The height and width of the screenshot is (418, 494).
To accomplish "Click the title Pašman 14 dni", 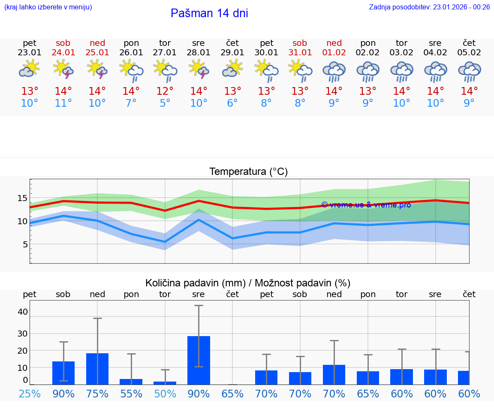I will pos(209,13).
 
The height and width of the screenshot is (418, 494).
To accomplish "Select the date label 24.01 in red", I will pos(63,53).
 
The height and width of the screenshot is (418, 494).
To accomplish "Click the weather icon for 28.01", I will pos(199,69).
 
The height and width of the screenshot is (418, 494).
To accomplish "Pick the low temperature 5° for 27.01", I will pos(165,103).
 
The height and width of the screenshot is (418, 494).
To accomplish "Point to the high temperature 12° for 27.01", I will pos(165,91).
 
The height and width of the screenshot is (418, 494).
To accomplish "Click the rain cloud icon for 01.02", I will pos(334,71).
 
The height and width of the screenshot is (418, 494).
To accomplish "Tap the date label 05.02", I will pos(469,53).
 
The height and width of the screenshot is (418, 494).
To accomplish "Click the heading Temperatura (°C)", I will pos(248,172).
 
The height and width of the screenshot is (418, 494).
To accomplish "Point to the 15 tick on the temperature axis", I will pos(22,198).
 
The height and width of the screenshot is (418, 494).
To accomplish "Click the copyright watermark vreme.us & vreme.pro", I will pos(366,205).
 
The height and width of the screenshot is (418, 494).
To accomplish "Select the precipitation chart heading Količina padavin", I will pos(248,283).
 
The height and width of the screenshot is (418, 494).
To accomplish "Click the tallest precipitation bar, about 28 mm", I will pos(199,360).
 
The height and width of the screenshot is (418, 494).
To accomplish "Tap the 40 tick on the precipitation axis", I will pos(22,312).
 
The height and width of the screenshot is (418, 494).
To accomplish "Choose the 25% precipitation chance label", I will pos(30,394).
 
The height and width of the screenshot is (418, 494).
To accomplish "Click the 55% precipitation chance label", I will pos(131,394).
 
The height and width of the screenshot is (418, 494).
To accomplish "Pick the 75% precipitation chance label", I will pos(97,394).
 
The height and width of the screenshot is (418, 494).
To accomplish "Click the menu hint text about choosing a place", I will pos(48,7).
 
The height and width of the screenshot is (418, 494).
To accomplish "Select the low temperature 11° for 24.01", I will pos(63,103).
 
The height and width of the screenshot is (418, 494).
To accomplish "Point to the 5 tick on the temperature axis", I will pos(25,244).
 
